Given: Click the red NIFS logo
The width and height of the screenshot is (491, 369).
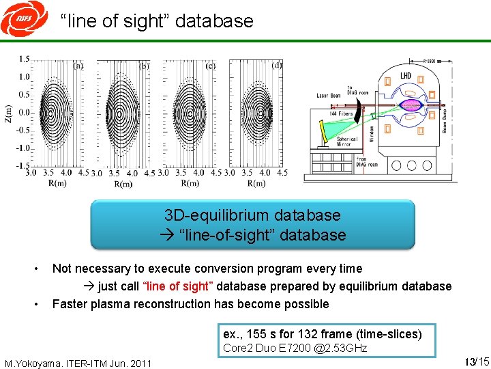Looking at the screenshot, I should coord(16,20).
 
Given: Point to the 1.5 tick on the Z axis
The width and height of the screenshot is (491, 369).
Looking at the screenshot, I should coord(24,59).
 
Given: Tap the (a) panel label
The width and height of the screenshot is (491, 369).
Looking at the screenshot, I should coord(78,66).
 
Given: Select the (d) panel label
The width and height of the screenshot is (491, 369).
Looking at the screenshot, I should coord(277,66).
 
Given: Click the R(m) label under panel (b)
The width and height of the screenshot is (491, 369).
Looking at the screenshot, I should coord(123,184).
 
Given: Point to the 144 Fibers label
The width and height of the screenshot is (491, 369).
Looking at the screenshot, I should coord(341,113).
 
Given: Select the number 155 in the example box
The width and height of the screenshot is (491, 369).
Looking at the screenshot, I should coord(258,334).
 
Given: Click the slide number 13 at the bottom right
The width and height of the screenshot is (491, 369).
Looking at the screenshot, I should coord(468,361).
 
